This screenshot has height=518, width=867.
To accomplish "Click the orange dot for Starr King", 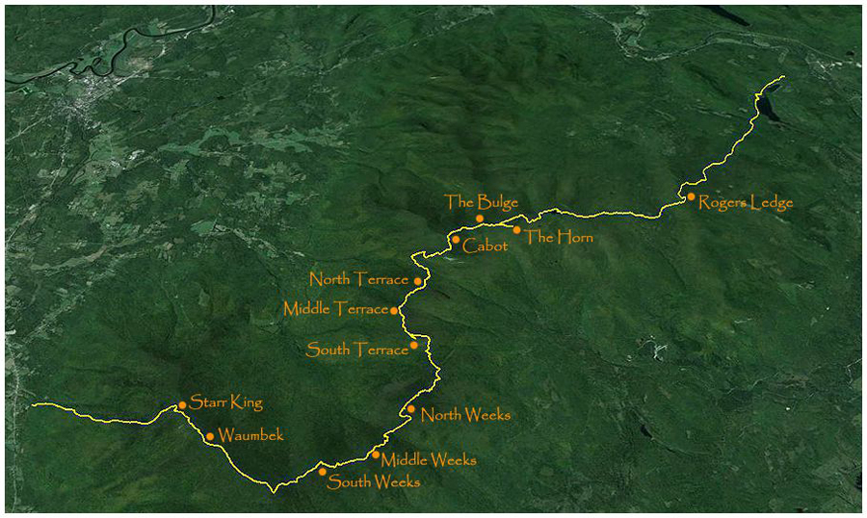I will coord(182,405).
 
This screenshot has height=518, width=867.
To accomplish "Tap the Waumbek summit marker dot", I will coord(210,436).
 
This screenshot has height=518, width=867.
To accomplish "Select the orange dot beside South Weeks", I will coord(323,472).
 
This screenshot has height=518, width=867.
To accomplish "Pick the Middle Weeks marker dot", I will coord(376,455).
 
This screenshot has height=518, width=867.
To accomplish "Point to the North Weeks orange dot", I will coord(411,409).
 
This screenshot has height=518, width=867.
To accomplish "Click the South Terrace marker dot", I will coord(414,345).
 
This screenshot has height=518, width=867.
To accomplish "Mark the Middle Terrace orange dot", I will coord(394,311).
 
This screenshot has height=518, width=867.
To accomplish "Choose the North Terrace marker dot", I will coord(418,281).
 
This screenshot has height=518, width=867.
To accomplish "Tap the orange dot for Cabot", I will coord(456,240).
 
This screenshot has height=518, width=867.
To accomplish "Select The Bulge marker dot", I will coord(480,219).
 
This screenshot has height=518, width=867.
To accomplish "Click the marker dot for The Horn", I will coord(517,230).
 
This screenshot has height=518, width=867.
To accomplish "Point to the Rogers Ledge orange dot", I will coord(691,197).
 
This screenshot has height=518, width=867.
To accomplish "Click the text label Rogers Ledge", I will coord(746,202).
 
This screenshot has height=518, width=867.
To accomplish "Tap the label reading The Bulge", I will coord(482,202).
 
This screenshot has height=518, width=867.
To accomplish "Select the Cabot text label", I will coord(485,246).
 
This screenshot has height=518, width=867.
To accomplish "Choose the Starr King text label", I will coord(226,401).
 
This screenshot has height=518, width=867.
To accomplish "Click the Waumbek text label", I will coord(250,435).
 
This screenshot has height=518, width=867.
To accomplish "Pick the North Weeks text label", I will coord(465,415).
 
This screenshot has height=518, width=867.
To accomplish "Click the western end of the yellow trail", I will coord(33,405).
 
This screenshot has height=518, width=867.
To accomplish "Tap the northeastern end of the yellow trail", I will coord(784,76).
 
